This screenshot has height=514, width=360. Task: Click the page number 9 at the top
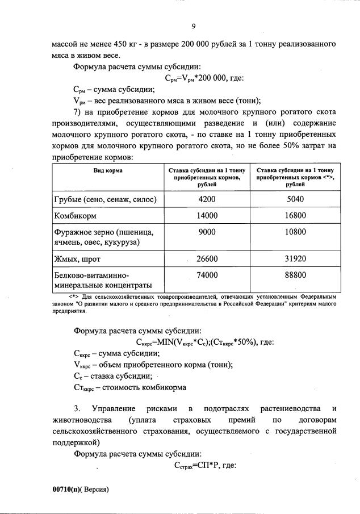click(x=194, y=26)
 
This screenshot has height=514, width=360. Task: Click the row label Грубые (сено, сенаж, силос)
click(x=105, y=200)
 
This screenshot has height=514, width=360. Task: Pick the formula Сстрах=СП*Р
click(x=195, y=466)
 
